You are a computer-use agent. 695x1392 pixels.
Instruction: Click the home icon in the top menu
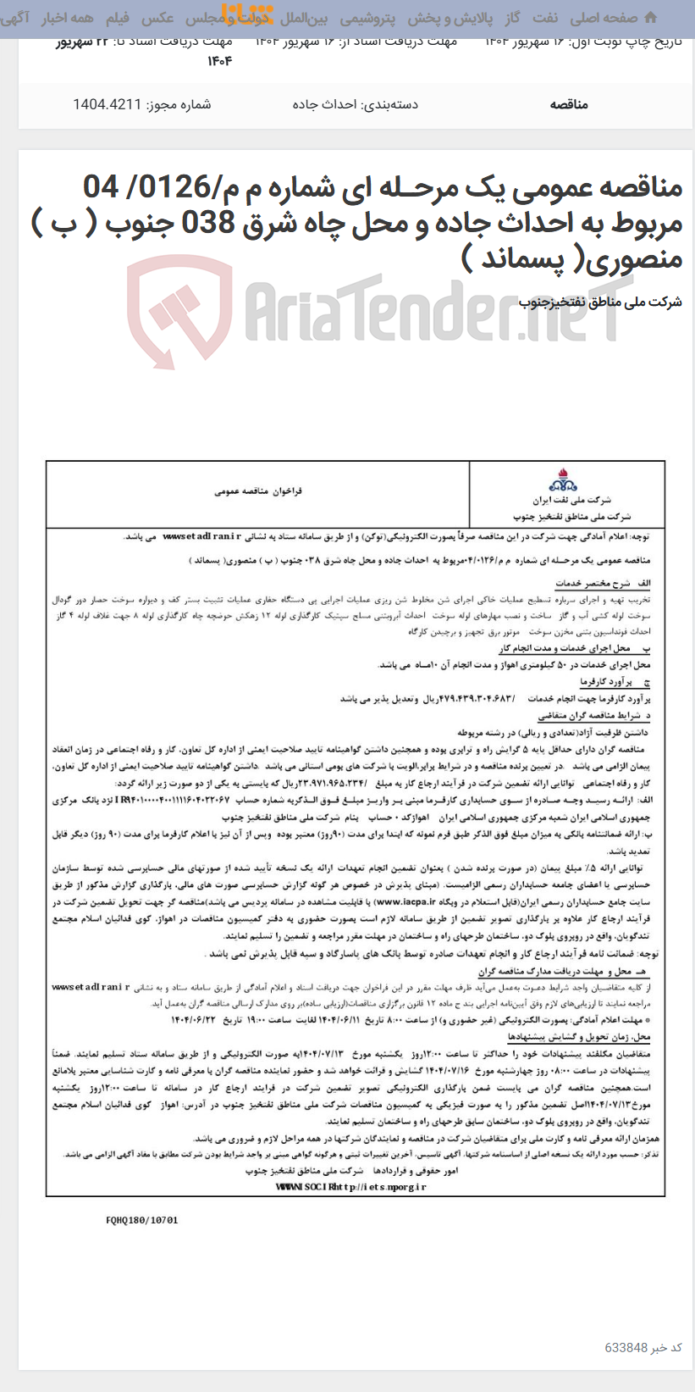[650, 17]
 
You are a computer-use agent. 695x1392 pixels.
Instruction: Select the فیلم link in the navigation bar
[117, 17]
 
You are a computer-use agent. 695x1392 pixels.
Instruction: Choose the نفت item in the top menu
[545, 17]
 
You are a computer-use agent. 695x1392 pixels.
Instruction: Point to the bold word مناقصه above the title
[568, 104]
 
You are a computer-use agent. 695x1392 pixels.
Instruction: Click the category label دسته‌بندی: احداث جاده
[356, 104]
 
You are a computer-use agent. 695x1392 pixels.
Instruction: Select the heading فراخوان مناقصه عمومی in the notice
[257, 491]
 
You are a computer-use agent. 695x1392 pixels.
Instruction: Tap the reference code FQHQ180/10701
[141, 1220]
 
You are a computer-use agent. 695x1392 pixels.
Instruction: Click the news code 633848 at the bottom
[626, 1347]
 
